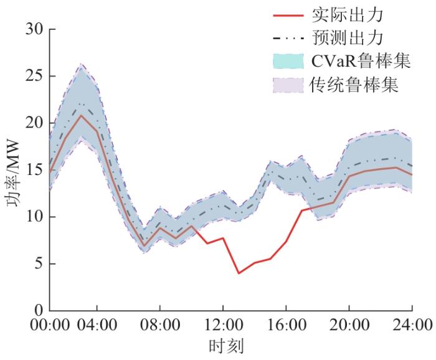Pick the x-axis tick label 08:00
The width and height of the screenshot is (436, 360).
[x=160, y=326]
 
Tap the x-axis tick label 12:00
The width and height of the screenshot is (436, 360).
[x=223, y=326]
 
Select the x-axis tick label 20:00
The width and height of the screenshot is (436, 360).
[x=349, y=326]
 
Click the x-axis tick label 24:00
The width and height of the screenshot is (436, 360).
[x=412, y=326]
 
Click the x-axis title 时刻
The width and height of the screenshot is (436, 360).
[x=225, y=346]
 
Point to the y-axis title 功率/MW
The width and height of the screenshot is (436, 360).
[x=12, y=170]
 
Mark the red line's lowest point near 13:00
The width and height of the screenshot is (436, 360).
[x=239, y=273]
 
